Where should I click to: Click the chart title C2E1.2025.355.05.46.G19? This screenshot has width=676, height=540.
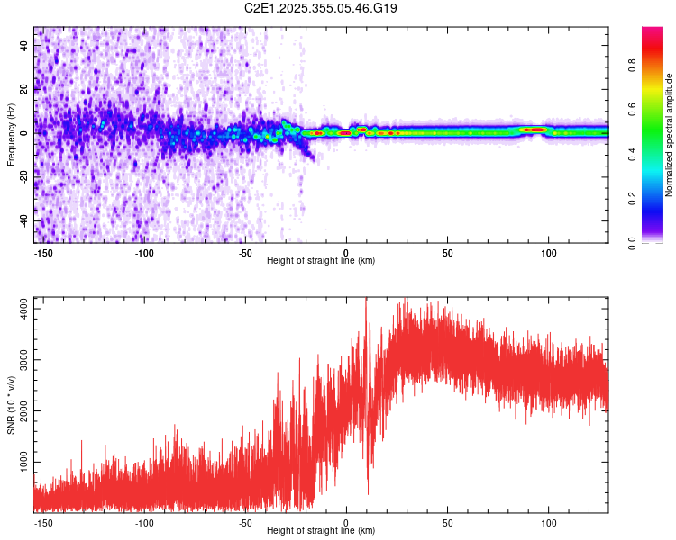click(320, 8)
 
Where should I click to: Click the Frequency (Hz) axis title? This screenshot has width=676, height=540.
click(11, 135)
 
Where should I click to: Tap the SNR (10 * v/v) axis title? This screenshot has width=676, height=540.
click(11, 405)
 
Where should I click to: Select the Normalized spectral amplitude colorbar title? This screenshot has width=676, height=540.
click(669, 135)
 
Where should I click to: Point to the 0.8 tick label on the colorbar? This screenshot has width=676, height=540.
click(632, 66)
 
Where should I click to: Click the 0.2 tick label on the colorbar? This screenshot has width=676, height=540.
click(632, 199)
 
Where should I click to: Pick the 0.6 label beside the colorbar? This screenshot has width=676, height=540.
click(632, 110)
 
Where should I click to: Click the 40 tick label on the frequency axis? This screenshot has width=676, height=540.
click(23, 46)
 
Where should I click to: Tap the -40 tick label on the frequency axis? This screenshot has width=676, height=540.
click(23, 221)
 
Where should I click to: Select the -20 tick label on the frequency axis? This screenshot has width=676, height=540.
click(23, 177)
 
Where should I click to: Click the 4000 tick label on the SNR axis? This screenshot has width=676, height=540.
click(23, 309)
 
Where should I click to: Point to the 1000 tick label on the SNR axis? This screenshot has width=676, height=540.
click(23, 462)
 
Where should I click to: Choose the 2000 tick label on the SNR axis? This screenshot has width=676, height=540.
click(23, 410)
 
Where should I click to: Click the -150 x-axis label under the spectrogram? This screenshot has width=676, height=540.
click(42, 253)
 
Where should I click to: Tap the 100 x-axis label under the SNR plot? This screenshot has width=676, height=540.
click(548, 523)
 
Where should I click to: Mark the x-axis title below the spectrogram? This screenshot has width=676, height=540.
click(321, 260)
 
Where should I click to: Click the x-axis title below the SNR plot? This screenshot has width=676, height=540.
click(321, 530)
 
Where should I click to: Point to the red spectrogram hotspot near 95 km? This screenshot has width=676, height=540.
click(535, 130)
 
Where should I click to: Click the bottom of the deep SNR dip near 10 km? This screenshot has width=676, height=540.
click(368, 494)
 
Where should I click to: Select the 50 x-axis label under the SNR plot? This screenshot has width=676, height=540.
click(447, 523)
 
